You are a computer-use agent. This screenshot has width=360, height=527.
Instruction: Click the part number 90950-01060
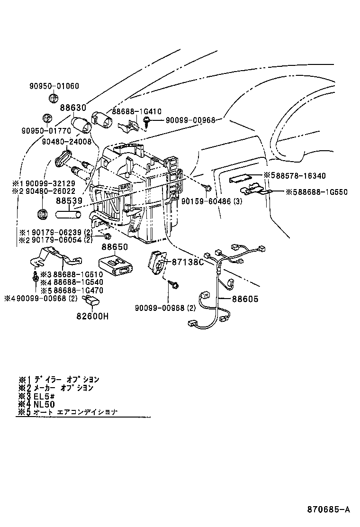pyautogui.click(x=54, y=86)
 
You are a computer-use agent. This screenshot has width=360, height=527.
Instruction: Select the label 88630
pyautogui.click(x=73, y=109)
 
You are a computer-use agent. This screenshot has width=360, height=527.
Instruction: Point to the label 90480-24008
pyautogui.click(x=66, y=141)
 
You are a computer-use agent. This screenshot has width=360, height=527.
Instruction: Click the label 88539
pyautogui.click(x=69, y=200)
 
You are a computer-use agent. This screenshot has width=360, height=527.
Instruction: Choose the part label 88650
pyautogui.click(x=113, y=247)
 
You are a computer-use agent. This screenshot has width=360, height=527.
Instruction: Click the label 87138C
pyautogui.click(x=187, y=262)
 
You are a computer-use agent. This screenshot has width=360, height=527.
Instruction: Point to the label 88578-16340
pyautogui.click(x=301, y=176)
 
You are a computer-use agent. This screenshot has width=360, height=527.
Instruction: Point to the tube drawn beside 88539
pyautogui.click(x=69, y=215)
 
